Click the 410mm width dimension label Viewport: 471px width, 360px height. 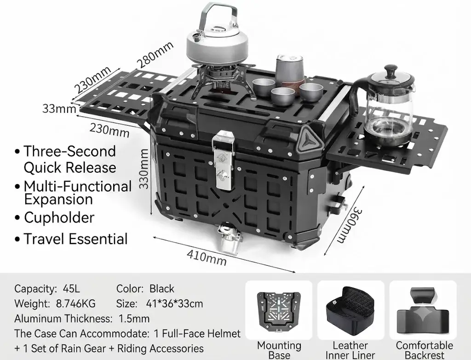tap(207, 257)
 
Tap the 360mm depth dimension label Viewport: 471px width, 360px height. tap(349, 225)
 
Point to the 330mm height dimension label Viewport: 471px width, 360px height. tap(144, 169)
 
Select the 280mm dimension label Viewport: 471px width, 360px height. tap(155, 54)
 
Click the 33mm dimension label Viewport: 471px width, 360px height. tap(59, 109)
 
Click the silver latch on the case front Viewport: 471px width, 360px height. tap(223, 160)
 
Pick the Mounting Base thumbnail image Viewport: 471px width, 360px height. tap(278, 310)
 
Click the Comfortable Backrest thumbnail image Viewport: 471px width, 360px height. tap(423, 311)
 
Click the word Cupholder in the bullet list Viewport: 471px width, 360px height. tap(59, 218)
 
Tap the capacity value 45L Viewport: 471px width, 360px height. tap(71, 289)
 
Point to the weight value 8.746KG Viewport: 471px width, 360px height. tap(76, 303)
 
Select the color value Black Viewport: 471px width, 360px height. tap(161, 289)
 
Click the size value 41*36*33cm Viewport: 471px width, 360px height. tap(174, 303)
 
